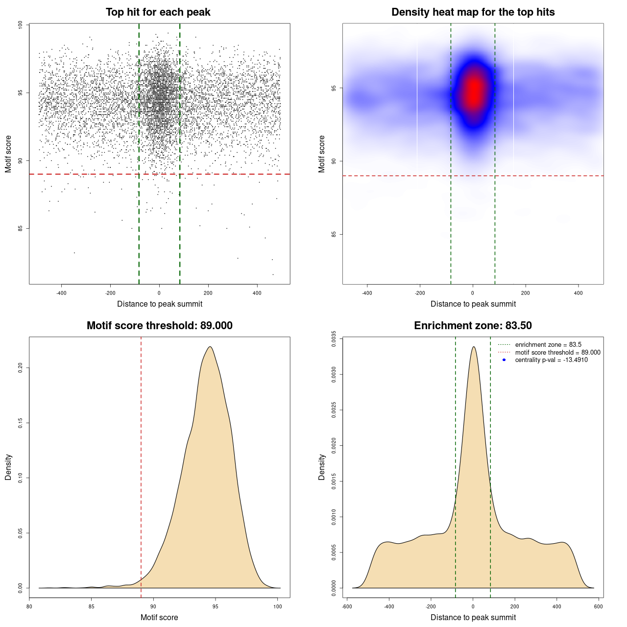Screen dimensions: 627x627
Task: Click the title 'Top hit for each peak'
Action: pyautogui.click(x=158, y=12)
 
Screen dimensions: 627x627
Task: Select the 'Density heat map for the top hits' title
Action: pyautogui.click(x=473, y=12)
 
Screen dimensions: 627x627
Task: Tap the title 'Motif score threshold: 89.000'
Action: pyautogui.click(x=159, y=326)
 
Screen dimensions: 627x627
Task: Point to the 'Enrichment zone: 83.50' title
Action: pyautogui.click(x=473, y=326)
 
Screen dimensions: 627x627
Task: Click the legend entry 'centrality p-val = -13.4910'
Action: pyautogui.click(x=551, y=360)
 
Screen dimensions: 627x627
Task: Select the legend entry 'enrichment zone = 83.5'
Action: pyautogui.click(x=548, y=345)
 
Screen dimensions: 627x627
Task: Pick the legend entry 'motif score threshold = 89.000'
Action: pyautogui.click(x=557, y=353)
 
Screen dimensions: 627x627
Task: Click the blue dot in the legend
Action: pyautogui.click(x=504, y=360)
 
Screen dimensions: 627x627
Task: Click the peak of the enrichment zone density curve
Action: pyautogui.click(x=473, y=347)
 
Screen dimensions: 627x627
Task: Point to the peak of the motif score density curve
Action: pyautogui.click(x=210, y=347)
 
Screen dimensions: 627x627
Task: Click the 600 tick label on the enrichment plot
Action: pyautogui.click(x=598, y=606)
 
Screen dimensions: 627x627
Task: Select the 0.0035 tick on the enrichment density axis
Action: pyautogui.click(x=334, y=339)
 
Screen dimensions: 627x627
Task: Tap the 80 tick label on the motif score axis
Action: pyautogui.click(x=29, y=606)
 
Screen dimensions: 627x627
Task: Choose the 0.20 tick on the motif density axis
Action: pyautogui.click(x=21, y=367)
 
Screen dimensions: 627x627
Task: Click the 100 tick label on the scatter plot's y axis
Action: pyautogui.click(x=21, y=25)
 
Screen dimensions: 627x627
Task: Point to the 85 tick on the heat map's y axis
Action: pyautogui.click(x=334, y=234)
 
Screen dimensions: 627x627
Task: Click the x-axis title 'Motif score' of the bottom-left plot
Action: pyautogui.click(x=159, y=618)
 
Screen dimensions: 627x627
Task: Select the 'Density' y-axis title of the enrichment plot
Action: pyautogui.click(x=322, y=467)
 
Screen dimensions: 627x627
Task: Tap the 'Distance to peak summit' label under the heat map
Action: pyautogui.click(x=473, y=304)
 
